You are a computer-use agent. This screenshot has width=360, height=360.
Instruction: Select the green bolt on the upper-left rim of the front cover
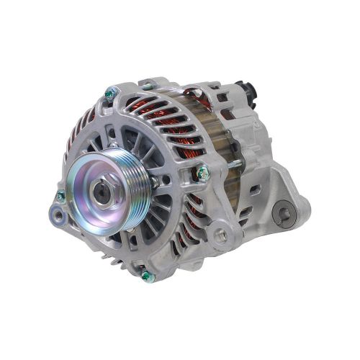[x=110, y=93]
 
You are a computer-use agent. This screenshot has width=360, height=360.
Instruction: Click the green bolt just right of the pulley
[x=203, y=172]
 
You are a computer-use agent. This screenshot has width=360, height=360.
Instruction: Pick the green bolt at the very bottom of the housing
[x=146, y=276]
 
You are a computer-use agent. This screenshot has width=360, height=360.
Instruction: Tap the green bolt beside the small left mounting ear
[x=60, y=196]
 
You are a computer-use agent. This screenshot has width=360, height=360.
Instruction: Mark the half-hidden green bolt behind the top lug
[x=149, y=86]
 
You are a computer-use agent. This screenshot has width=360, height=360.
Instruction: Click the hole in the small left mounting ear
[x=55, y=213]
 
